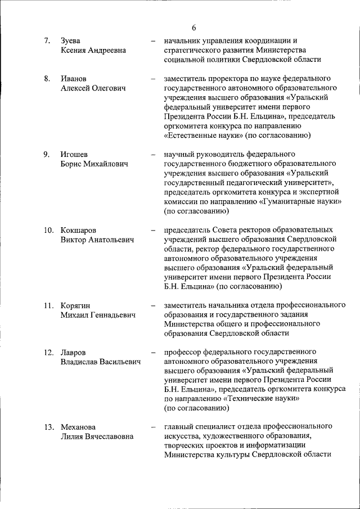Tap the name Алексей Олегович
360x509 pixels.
tap(93, 88)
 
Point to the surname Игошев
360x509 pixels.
tap(74, 155)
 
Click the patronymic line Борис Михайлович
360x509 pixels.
tap(94, 164)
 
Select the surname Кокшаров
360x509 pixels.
tap(78, 231)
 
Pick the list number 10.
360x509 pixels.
tap(49, 231)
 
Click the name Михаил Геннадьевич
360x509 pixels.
tap(98, 316)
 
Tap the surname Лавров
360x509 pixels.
tap(73, 353)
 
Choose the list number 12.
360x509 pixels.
tap(49, 353)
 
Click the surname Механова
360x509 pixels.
tap(78, 427)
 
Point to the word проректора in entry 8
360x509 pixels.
tap(226, 79)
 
